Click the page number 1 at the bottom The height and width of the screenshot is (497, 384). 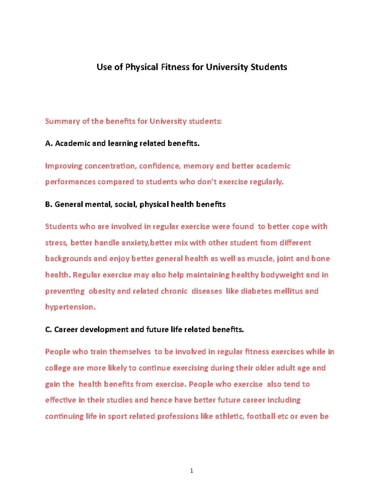click(x=191, y=470)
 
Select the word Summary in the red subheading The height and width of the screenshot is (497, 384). click(x=63, y=121)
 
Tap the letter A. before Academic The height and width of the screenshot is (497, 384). click(x=49, y=143)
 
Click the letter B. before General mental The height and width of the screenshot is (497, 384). click(x=49, y=204)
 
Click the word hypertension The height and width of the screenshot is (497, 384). click(x=70, y=307)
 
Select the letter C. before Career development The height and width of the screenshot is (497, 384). click(x=48, y=330)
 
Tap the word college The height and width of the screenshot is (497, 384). click(x=58, y=368)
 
